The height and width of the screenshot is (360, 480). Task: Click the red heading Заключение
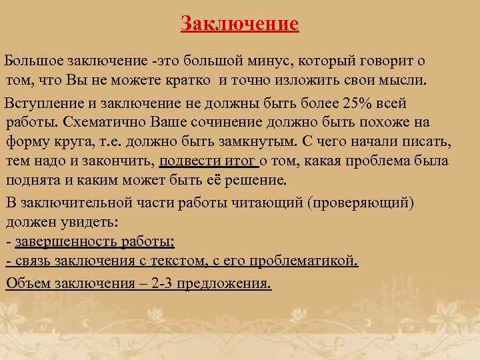pos(240,25)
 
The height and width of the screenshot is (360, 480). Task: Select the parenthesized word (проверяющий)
pos(363,203)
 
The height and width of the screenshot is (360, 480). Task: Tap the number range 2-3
pos(167,283)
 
